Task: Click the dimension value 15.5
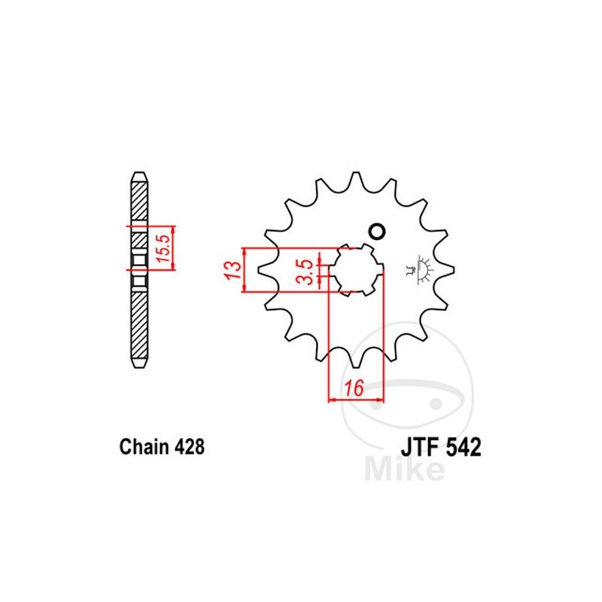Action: pos(163,248)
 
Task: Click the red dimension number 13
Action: pos(233,270)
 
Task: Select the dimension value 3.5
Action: pos(306,272)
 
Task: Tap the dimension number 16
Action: pos(354,388)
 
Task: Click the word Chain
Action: pos(144,446)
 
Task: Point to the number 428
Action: pos(190,447)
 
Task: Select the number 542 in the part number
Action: pos(464,447)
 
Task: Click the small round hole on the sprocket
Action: pos(377,232)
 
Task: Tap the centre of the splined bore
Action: pos(356,270)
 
